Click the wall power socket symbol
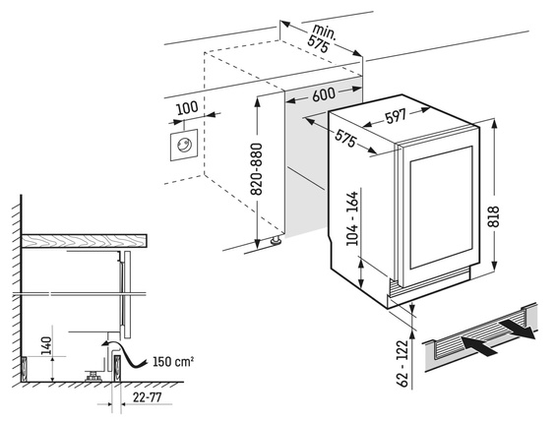[x=183, y=146]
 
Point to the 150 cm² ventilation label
[x=174, y=361]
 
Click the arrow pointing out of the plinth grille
[x=516, y=328]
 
